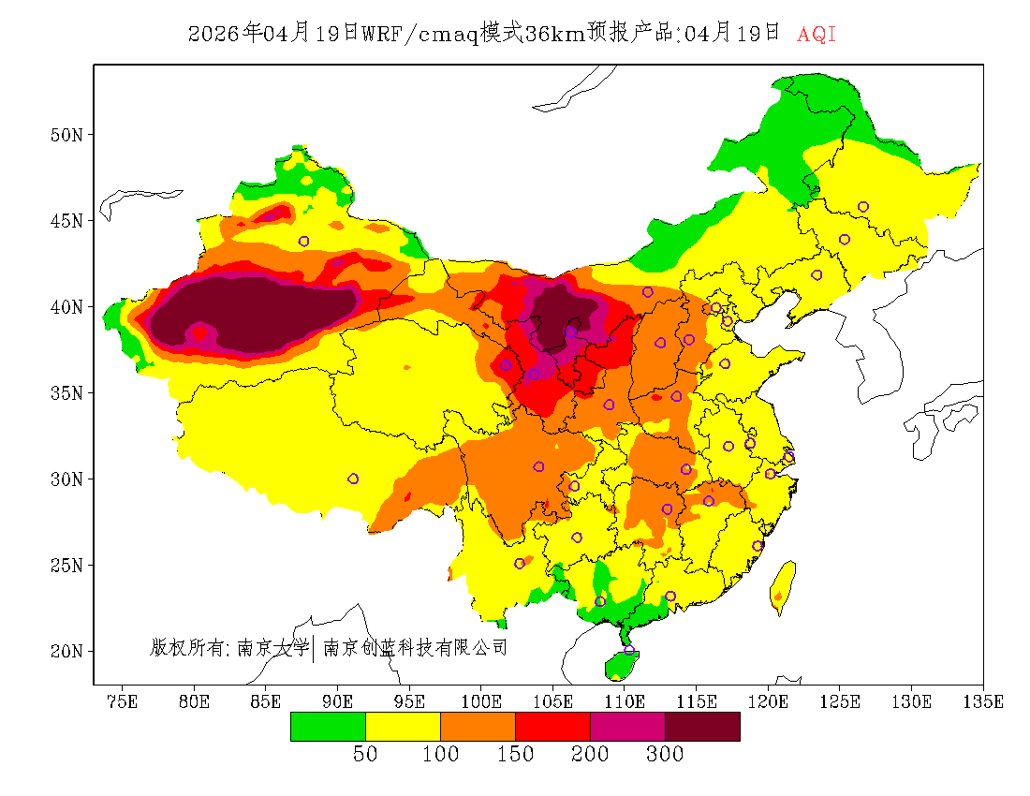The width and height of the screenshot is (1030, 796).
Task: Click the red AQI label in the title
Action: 817,35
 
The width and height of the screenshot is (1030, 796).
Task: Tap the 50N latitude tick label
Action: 66,134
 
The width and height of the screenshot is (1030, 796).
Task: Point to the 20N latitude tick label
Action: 66,651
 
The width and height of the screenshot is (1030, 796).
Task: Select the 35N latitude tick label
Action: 66,392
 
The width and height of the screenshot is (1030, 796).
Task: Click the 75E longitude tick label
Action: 123,701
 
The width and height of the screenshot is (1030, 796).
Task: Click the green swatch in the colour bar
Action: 328,726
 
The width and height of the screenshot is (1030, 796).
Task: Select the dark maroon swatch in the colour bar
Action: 702,726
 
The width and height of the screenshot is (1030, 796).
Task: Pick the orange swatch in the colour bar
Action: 478,726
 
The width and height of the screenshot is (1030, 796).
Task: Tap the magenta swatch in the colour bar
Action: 627,726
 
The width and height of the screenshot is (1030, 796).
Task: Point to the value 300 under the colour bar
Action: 665,755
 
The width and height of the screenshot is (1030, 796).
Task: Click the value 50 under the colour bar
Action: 365,755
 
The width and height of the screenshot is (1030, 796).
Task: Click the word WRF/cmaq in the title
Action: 418,35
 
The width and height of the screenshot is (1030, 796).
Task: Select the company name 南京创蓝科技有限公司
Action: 415,647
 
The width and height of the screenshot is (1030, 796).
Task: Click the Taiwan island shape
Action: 784,586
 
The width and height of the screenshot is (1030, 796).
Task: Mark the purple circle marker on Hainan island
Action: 629,650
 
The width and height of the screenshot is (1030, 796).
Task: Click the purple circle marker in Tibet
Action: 353,479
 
